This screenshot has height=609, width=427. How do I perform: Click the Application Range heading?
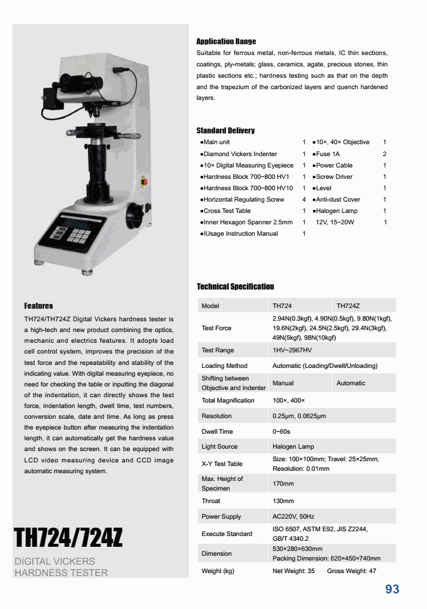click(x=226, y=41)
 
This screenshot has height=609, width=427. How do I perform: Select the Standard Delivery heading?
click(x=225, y=130)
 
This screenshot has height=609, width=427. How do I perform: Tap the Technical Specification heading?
click(x=235, y=287)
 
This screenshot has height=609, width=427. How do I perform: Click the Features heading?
click(x=38, y=306)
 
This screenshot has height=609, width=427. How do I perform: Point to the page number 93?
click(x=392, y=589)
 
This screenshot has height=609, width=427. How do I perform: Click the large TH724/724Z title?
click(x=68, y=537)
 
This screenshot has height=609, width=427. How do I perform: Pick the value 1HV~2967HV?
click(x=292, y=350)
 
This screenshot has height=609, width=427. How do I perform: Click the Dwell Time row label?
click(x=217, y=431)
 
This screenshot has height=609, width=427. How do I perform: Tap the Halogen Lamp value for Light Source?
click(x=293, y=446)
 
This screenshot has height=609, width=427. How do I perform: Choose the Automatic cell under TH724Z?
click(x=350, y=383)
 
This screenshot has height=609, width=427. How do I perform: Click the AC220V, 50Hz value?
click(x=293, y=516)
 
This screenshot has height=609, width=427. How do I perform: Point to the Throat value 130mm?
click(x=283, y=501)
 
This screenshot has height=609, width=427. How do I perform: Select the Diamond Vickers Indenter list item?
click(x=240, y=154)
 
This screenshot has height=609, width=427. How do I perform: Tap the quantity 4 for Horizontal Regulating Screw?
click(x=304, y=199)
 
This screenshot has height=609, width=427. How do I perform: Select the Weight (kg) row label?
click(x=218, y=571)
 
